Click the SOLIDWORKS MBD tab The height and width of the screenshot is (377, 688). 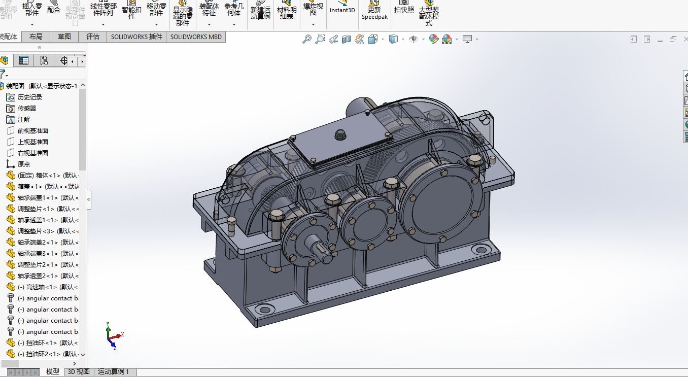click(x=196, y=37)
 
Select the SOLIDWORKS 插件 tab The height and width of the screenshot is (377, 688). click(x=136, y=37)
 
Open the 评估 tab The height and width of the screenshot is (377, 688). click(x=93, y=37)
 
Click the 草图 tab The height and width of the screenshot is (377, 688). click(x=64, y=37)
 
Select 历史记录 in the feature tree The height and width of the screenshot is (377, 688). click(x=29, y=97)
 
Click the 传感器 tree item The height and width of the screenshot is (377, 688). click(x=26, y=108)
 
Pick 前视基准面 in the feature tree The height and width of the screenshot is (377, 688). click(x=32, y=130)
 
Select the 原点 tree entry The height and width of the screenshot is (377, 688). click(x=23, y=164)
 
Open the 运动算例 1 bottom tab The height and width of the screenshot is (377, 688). click(x=113, y=372)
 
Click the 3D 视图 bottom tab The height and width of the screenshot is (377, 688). click(x=79, y=372)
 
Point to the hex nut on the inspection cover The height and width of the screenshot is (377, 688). click(x=340, y=135)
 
